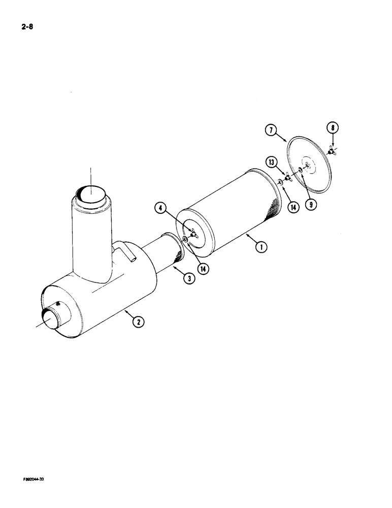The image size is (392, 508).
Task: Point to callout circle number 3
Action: pos(188,278)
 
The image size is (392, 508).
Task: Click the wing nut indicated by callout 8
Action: pos(331,151)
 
